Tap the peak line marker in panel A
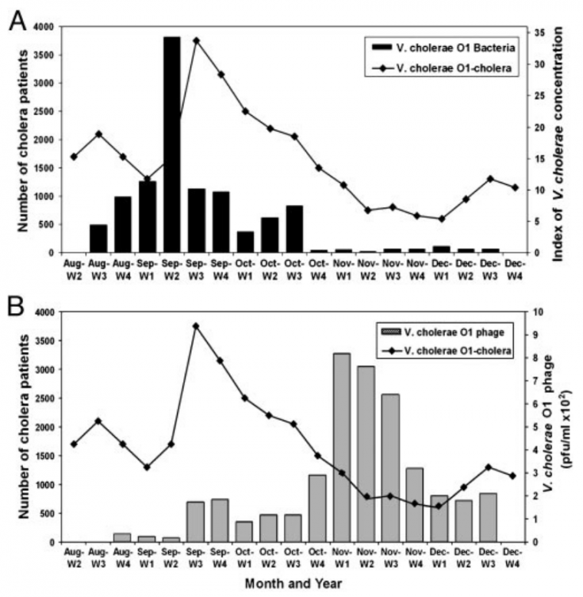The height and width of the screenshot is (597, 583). [x=196, y=41]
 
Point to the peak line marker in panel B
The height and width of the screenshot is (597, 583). [x=196, y=326]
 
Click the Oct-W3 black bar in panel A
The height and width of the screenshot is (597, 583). [x=294, y=229]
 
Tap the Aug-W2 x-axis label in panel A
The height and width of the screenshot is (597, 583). [x=74, y=266]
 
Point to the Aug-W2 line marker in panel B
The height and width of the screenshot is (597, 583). [x=74, y=444]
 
